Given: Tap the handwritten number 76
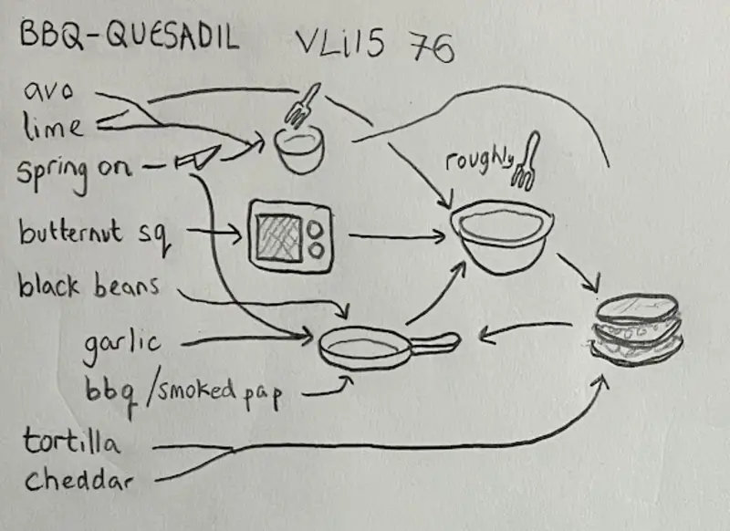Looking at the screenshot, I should pos(432,48).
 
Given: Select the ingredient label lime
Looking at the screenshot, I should pos(53,126).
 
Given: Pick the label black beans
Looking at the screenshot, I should pos(89,287).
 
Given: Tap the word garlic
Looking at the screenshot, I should pos(121,344).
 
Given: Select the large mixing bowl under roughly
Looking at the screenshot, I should pos(499,234).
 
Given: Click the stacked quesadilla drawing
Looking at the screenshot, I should pos(636,328).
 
